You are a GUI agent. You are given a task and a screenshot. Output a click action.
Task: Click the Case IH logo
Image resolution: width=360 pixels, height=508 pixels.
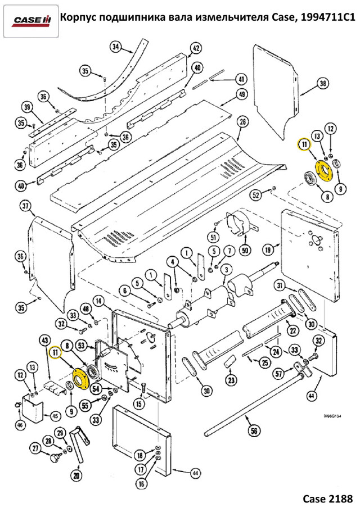pos(31,20)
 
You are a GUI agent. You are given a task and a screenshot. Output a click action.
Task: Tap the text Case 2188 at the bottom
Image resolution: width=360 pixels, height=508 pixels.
pos(327,497)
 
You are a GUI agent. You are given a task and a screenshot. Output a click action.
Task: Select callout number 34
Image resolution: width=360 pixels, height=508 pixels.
pos(116,47)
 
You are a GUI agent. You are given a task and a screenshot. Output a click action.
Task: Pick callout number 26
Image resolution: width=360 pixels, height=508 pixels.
pos(242,121)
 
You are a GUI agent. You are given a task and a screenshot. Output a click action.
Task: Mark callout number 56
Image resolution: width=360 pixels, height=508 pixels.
pos(253,431)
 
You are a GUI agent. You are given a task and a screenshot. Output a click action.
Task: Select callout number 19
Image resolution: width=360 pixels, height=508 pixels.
pos(268,248)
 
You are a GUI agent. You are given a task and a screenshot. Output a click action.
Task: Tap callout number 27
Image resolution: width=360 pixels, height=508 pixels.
pos(36,448)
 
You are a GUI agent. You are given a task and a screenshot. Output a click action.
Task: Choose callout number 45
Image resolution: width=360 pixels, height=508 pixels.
pos(55,416)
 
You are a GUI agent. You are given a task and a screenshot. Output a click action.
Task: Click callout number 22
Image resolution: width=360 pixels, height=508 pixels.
pos(292,329)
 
